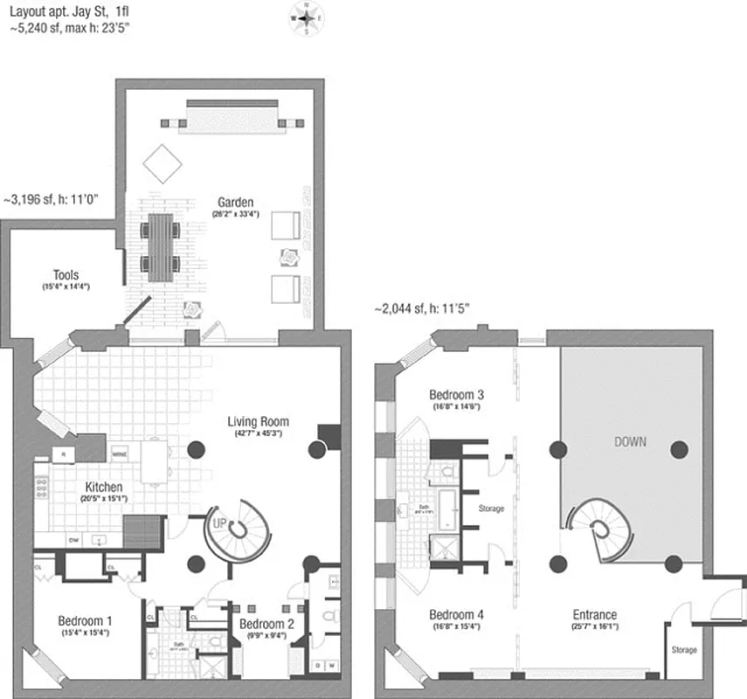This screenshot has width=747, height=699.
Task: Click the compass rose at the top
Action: [x=307, y=17]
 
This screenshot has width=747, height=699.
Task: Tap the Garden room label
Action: [x=232, y=203]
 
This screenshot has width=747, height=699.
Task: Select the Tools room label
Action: [x=66, y=274]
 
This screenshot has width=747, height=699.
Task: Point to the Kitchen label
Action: [x=103, y=487]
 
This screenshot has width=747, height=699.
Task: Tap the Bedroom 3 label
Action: [x=457, y=395]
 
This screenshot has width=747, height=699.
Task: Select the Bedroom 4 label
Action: [x=457, y=614]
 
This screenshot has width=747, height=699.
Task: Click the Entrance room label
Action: [x=594, y=614]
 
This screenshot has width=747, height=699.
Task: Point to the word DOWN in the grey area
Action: [x=629, y=441]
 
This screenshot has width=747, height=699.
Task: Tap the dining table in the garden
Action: [x=162, y=247]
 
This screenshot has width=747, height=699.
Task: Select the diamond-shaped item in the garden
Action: [x=163, y=163]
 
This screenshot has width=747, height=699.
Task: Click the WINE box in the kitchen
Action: [x=120, y=453]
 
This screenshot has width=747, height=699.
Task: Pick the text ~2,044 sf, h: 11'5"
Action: [x=422, y=308]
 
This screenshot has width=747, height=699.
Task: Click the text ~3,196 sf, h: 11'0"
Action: [x=53, y=200]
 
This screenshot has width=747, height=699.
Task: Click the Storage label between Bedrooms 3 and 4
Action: [x=491, y=508]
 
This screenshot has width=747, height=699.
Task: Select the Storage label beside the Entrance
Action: [x=684, y=650]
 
